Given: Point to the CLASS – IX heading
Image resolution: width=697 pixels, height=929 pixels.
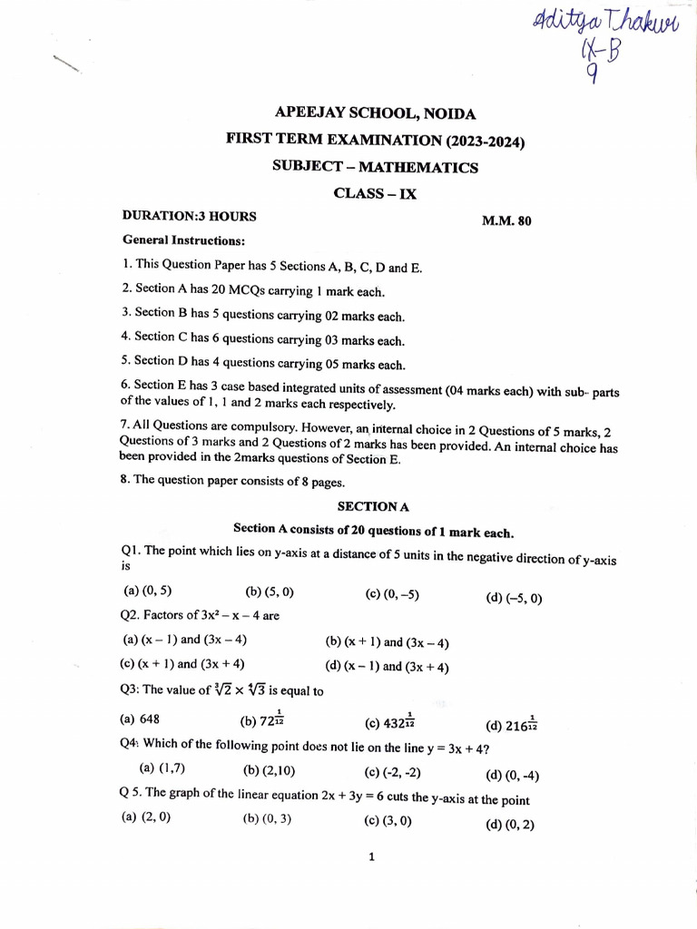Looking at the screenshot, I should point(375,193).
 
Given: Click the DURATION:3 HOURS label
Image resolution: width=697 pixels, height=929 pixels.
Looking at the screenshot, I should point(189,217).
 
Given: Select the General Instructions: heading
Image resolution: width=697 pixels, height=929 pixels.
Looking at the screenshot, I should point(184,241).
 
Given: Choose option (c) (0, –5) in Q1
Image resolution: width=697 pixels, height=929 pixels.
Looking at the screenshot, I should point(392,594).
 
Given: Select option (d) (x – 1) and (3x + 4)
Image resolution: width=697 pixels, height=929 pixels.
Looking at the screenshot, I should point(387,667).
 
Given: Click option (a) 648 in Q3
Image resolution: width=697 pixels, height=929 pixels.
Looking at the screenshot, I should point(140,719).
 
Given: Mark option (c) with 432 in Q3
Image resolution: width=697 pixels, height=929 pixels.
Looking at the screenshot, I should point(389,721).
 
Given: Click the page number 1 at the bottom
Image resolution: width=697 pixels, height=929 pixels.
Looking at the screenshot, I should point(372,856).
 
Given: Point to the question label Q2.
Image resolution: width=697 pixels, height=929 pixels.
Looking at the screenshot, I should point(132,616).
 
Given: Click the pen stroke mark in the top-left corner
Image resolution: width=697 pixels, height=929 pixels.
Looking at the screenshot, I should point(67,64).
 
